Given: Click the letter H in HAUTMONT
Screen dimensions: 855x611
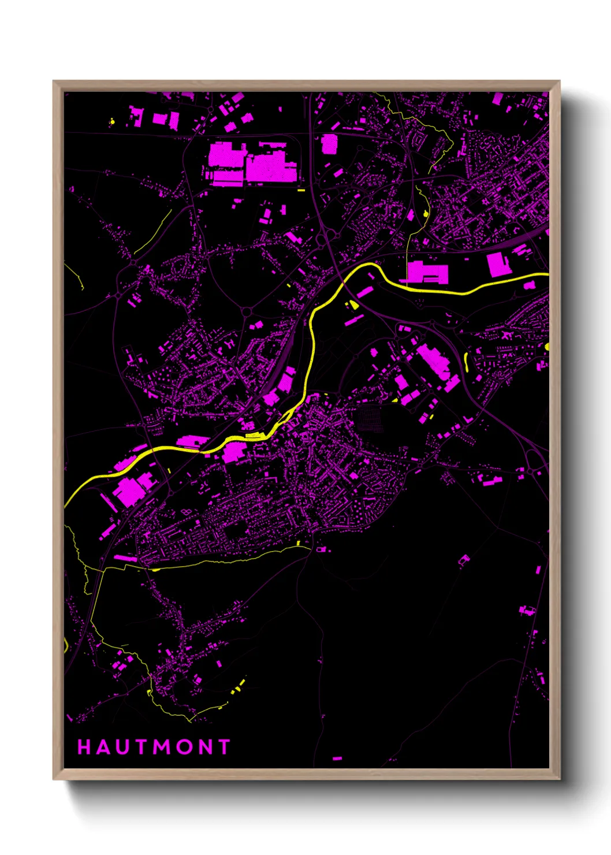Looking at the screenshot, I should tap(84, 747).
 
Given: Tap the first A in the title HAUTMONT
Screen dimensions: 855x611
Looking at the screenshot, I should tap(103, 747).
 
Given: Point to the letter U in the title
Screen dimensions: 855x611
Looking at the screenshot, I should tap(122, 747).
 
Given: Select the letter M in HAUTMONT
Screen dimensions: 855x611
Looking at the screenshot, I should tap(162, 747).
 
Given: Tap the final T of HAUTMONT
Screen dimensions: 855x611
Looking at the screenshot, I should tap(224, 747).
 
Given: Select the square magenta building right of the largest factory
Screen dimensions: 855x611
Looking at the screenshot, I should tap(329, 144).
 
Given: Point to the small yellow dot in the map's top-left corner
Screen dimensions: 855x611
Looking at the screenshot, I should tap(112, 121).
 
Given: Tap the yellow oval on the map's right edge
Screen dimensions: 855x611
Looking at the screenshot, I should tap(547, 347).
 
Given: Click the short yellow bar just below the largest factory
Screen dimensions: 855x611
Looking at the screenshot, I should tap(301, 189).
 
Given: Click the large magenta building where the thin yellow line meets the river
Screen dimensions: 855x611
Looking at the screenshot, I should tap(427, 273).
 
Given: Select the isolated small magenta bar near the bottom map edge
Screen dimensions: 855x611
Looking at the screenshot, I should tap(337, 758).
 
